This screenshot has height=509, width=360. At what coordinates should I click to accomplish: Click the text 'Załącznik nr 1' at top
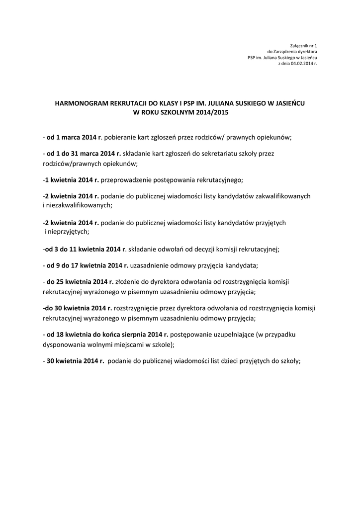tap(303, 46)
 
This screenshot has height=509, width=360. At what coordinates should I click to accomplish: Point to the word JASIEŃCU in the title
tap(286, 103)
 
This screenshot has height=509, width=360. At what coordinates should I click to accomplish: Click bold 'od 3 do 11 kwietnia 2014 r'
tap(86, 249)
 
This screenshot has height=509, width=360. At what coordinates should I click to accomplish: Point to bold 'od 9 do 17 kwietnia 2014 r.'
tap(88, 265)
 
